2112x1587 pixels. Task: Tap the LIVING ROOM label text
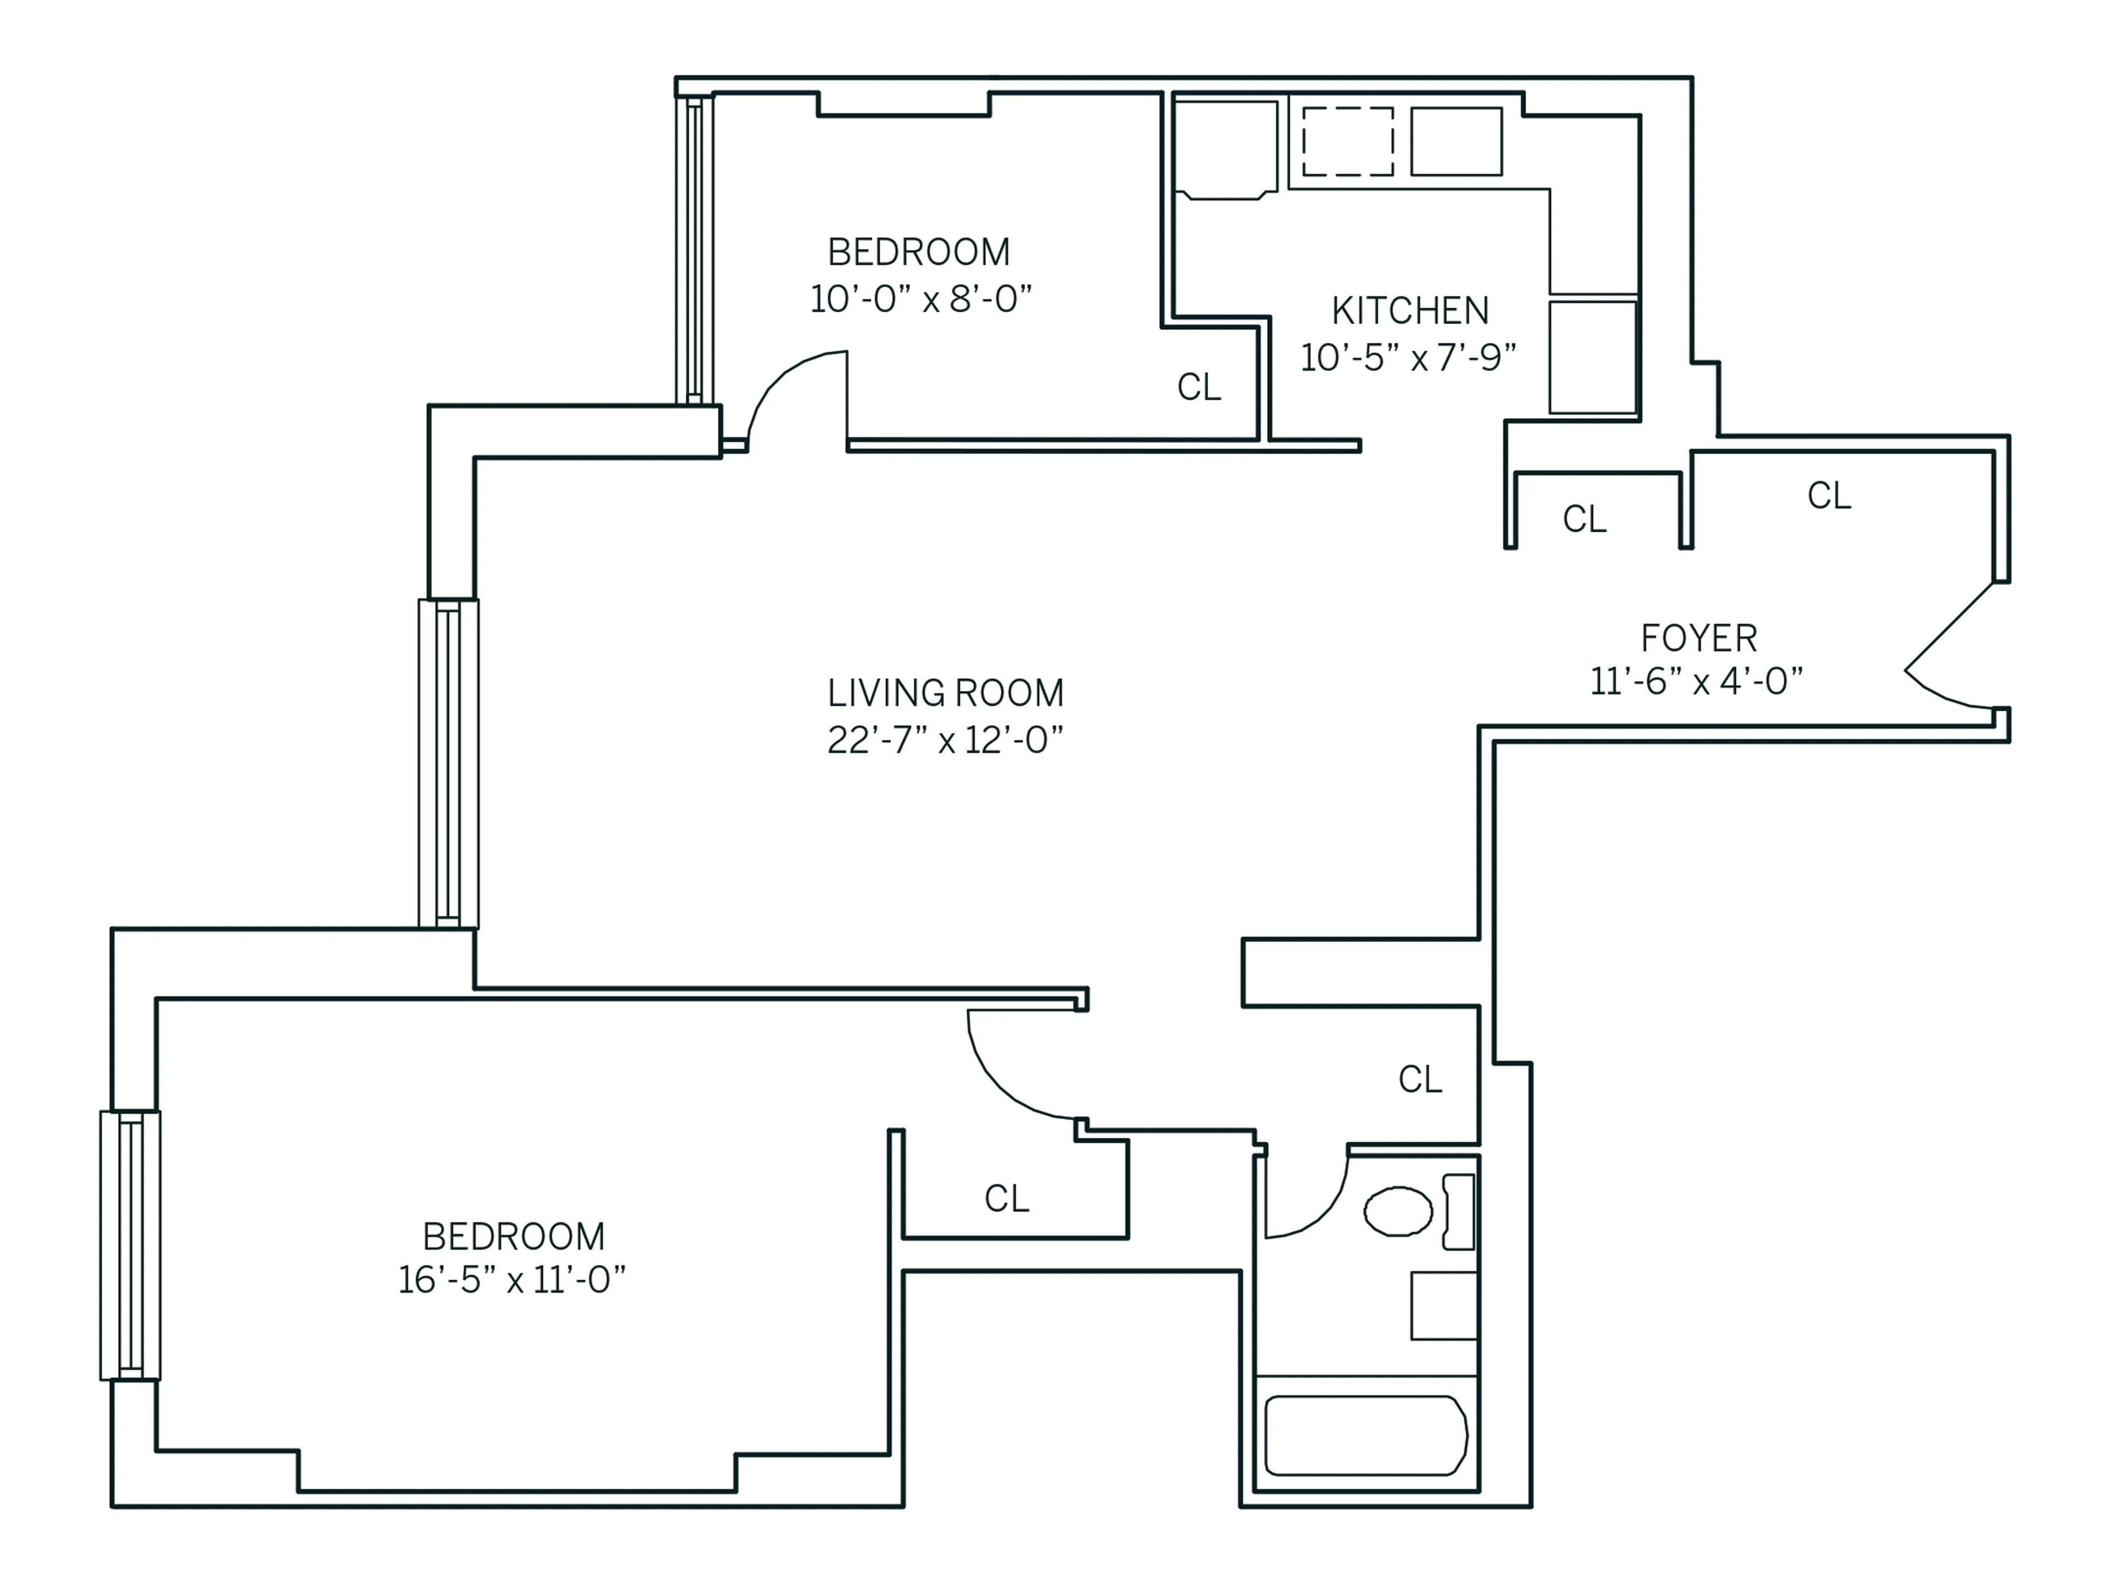(x=945, y=693)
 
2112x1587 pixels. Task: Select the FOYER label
(x=1698, y=638)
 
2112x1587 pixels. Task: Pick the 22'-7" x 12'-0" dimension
(x=945, y=739)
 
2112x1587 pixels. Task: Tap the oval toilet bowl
(x=1398, y=1211)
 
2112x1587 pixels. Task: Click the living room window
(x=448, y=764)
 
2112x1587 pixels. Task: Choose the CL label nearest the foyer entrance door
(x=1828, y=495)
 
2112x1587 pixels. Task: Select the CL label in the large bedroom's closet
(x=1007, y=1198)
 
